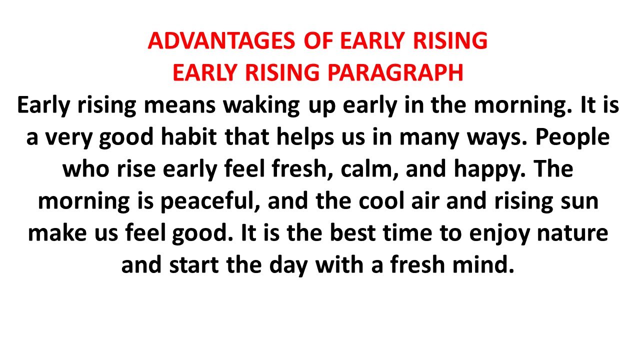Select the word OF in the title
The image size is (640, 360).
coord(319,41)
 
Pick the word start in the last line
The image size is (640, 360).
coord(194,265)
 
